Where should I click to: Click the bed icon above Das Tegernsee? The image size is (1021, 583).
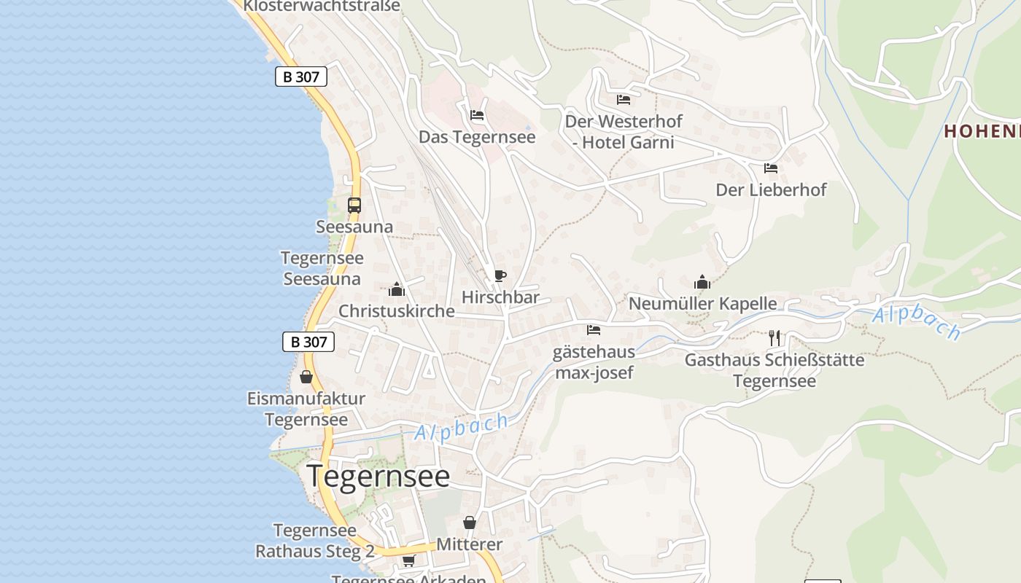click(477, 115)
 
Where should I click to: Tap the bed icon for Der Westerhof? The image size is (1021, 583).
click(623, 99)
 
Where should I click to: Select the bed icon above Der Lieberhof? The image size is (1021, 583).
click(771, 168)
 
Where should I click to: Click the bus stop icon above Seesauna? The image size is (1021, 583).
click(354, 206)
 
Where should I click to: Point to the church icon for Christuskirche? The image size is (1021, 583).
click(397, 289)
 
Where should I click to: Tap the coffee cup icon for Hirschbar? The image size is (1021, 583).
click(500, 275)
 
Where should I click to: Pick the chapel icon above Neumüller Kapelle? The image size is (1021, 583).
click(702, 281)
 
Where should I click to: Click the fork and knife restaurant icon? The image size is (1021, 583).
click(774, 337)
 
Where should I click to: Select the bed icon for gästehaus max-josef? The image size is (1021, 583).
click(594, 330)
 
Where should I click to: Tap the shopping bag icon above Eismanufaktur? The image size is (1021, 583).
click(306, 377)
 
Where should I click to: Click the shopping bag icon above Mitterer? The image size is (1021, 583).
click(470, 523)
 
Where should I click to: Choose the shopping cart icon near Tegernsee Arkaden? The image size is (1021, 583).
click(408, 560)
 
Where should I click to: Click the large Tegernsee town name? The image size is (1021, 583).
click(378, 477)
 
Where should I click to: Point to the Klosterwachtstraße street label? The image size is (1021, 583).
click(322, 6)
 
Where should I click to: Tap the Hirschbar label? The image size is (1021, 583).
click(500, 297)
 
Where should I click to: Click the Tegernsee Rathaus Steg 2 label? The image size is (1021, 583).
click(314, 541)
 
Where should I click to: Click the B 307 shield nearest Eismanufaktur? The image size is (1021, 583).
click(308, 341)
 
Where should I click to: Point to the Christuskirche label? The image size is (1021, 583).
click(397, 311)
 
